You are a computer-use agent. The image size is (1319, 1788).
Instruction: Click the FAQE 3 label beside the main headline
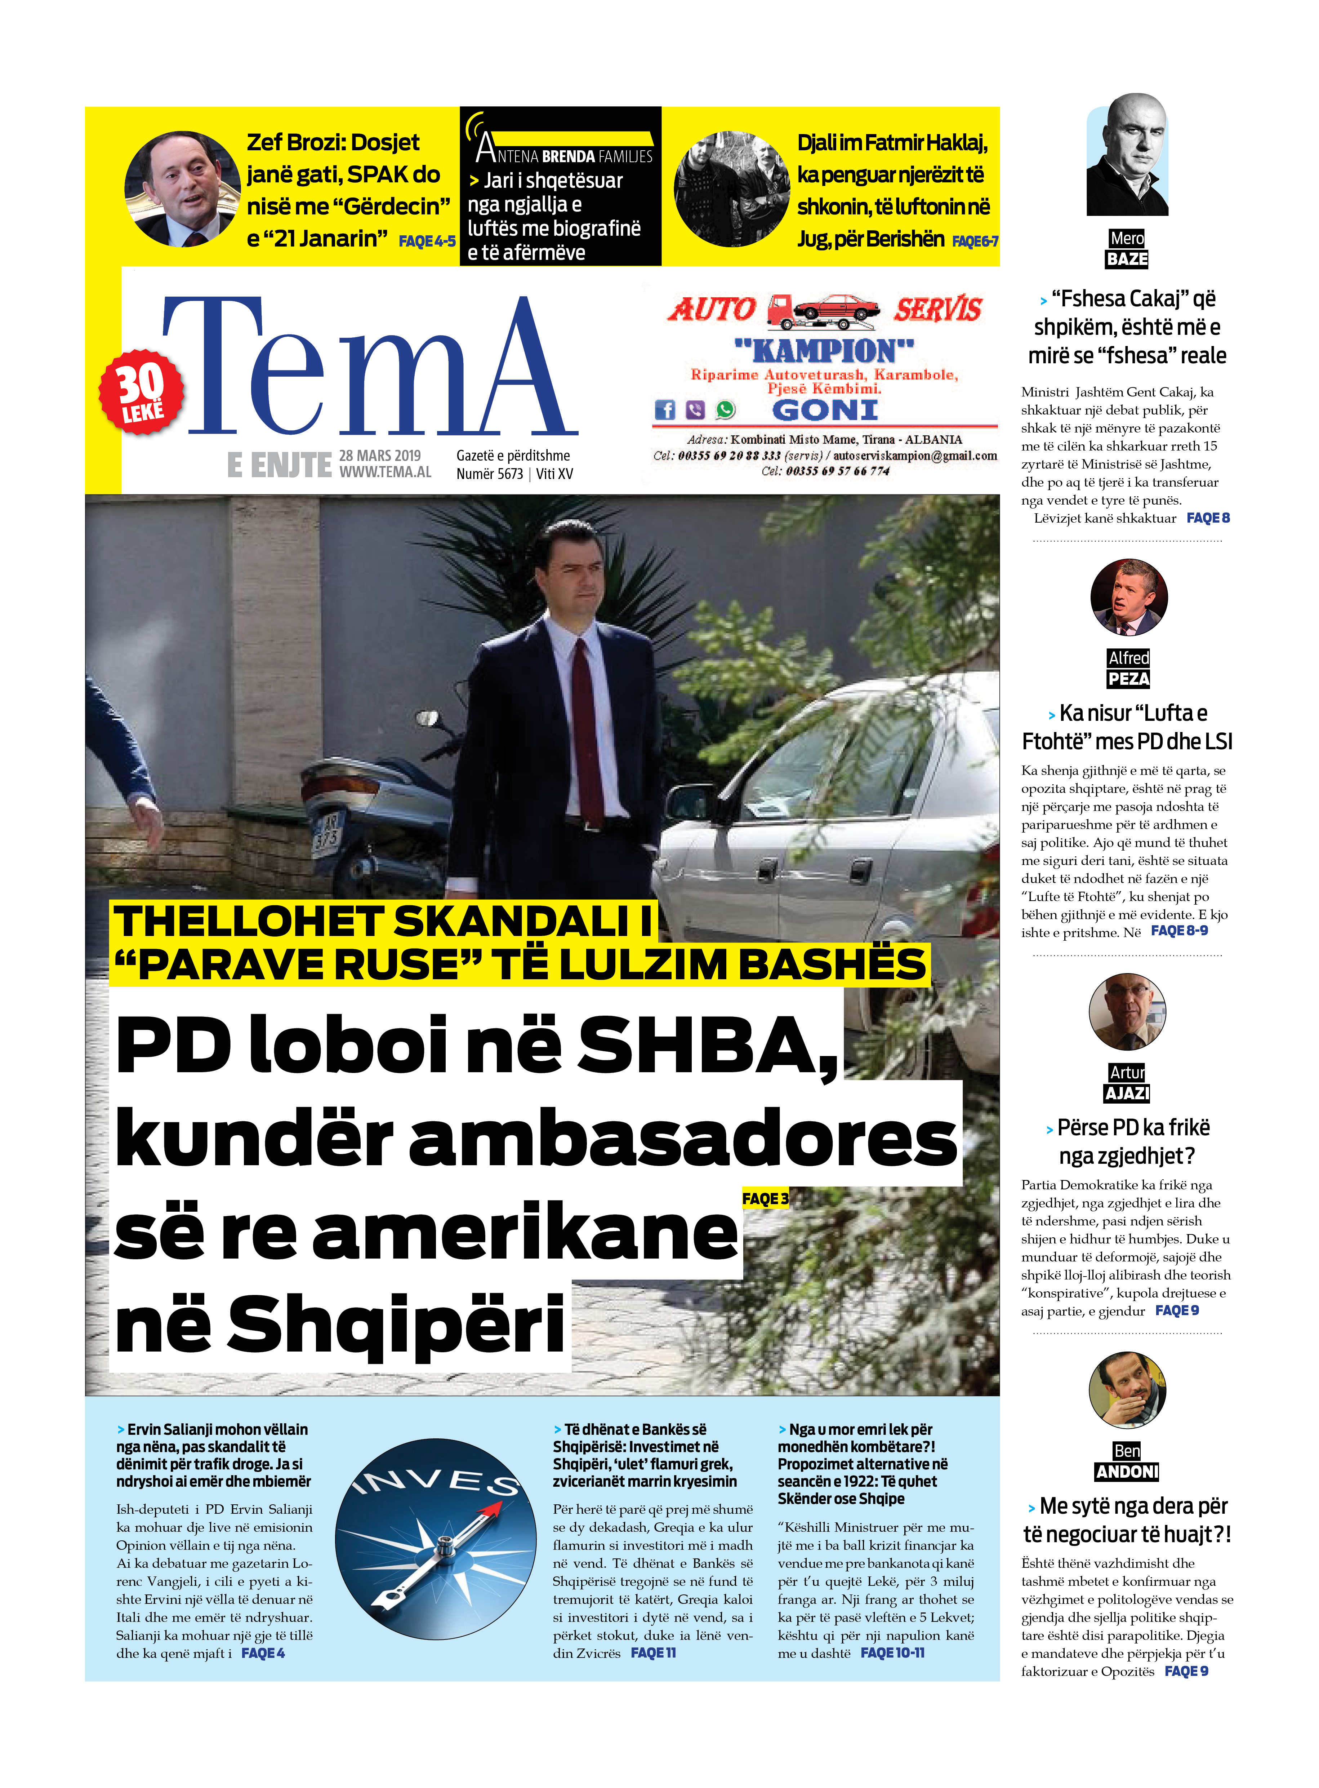pyautogui.click(x=765, y=1199)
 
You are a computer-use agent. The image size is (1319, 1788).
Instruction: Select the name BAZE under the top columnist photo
pyautogui.click(x=1127, y=259)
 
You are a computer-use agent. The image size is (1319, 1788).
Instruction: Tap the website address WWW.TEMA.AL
pyautogui.click(x=385, y=472)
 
